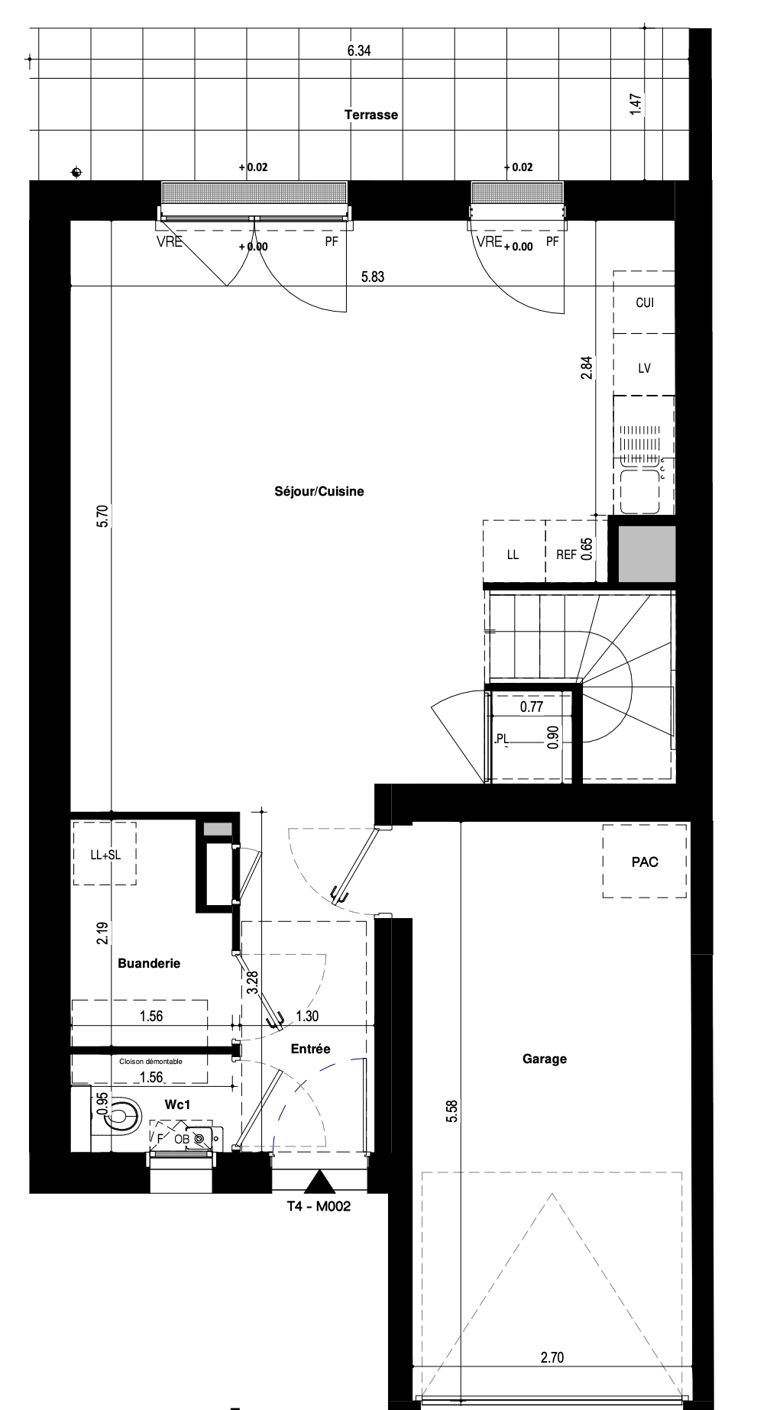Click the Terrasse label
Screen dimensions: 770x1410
coord(371,115)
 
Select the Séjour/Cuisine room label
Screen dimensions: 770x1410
coord(319,491)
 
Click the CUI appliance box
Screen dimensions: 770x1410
coord(644,302)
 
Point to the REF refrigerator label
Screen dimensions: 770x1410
coord(566,555)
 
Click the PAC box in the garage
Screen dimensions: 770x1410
coord(645,862)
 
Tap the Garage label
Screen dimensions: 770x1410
coord(545,1059)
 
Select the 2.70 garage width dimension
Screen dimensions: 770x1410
coord(552,1358)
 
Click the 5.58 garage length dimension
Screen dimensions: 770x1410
coord(453,1110)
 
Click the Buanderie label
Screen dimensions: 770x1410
coord(149,963)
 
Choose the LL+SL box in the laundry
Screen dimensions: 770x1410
coord(105,853)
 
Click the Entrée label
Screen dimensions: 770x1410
coord(311,1049)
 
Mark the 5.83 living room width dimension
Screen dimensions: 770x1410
coord(373,277)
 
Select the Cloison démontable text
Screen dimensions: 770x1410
coord(151,1061)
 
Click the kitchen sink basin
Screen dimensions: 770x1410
coord(640,491)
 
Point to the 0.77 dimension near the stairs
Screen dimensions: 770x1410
coord(531,707)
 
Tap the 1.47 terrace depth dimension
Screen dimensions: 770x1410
coord(635,105)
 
